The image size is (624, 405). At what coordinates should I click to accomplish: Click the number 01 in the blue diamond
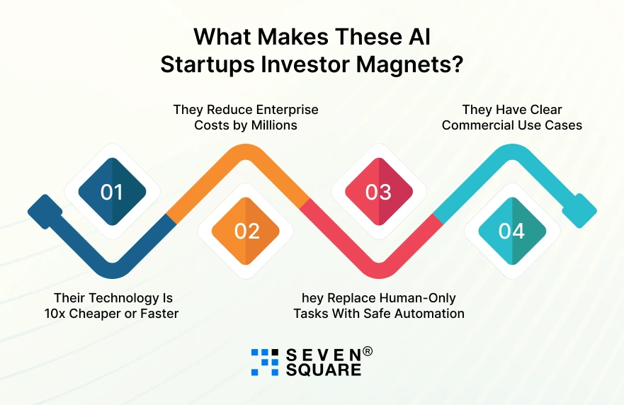pos(111,192)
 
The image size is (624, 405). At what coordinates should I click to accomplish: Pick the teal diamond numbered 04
pos(511,231)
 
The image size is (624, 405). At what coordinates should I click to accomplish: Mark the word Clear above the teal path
pos(543,110)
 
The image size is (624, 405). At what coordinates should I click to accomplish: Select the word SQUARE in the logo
pos(323,370)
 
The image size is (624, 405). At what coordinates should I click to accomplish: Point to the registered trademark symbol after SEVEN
pos(368,351)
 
